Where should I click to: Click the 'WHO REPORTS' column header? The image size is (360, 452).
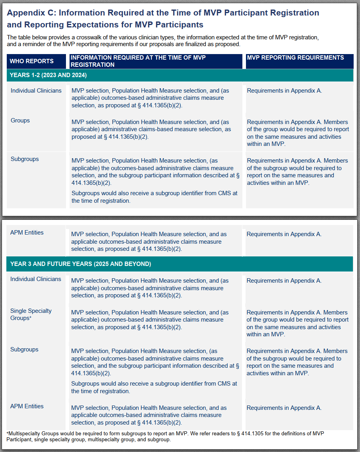(x=32, y=61)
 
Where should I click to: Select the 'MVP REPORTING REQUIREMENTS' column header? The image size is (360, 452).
(x=295, y=58)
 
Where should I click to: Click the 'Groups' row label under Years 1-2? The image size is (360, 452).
(x=20, y=120)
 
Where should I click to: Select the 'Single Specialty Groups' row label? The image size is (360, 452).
(x=31, y=314)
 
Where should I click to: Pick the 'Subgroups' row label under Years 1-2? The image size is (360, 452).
(x=25, y=159)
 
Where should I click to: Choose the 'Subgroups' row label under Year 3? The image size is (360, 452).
(x=24, y=349)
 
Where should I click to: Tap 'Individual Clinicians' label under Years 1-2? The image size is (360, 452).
(x=36, y=91)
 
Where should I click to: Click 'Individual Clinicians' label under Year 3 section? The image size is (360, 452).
(x=36, y=279)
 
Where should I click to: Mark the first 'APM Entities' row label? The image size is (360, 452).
(x=27, y=233)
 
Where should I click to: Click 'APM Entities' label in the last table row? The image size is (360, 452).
(x=27, y=406)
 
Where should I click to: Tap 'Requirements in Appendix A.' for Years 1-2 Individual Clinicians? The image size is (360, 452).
(x=285, y=91)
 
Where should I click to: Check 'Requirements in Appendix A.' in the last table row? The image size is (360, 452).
(x=284, y=408)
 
